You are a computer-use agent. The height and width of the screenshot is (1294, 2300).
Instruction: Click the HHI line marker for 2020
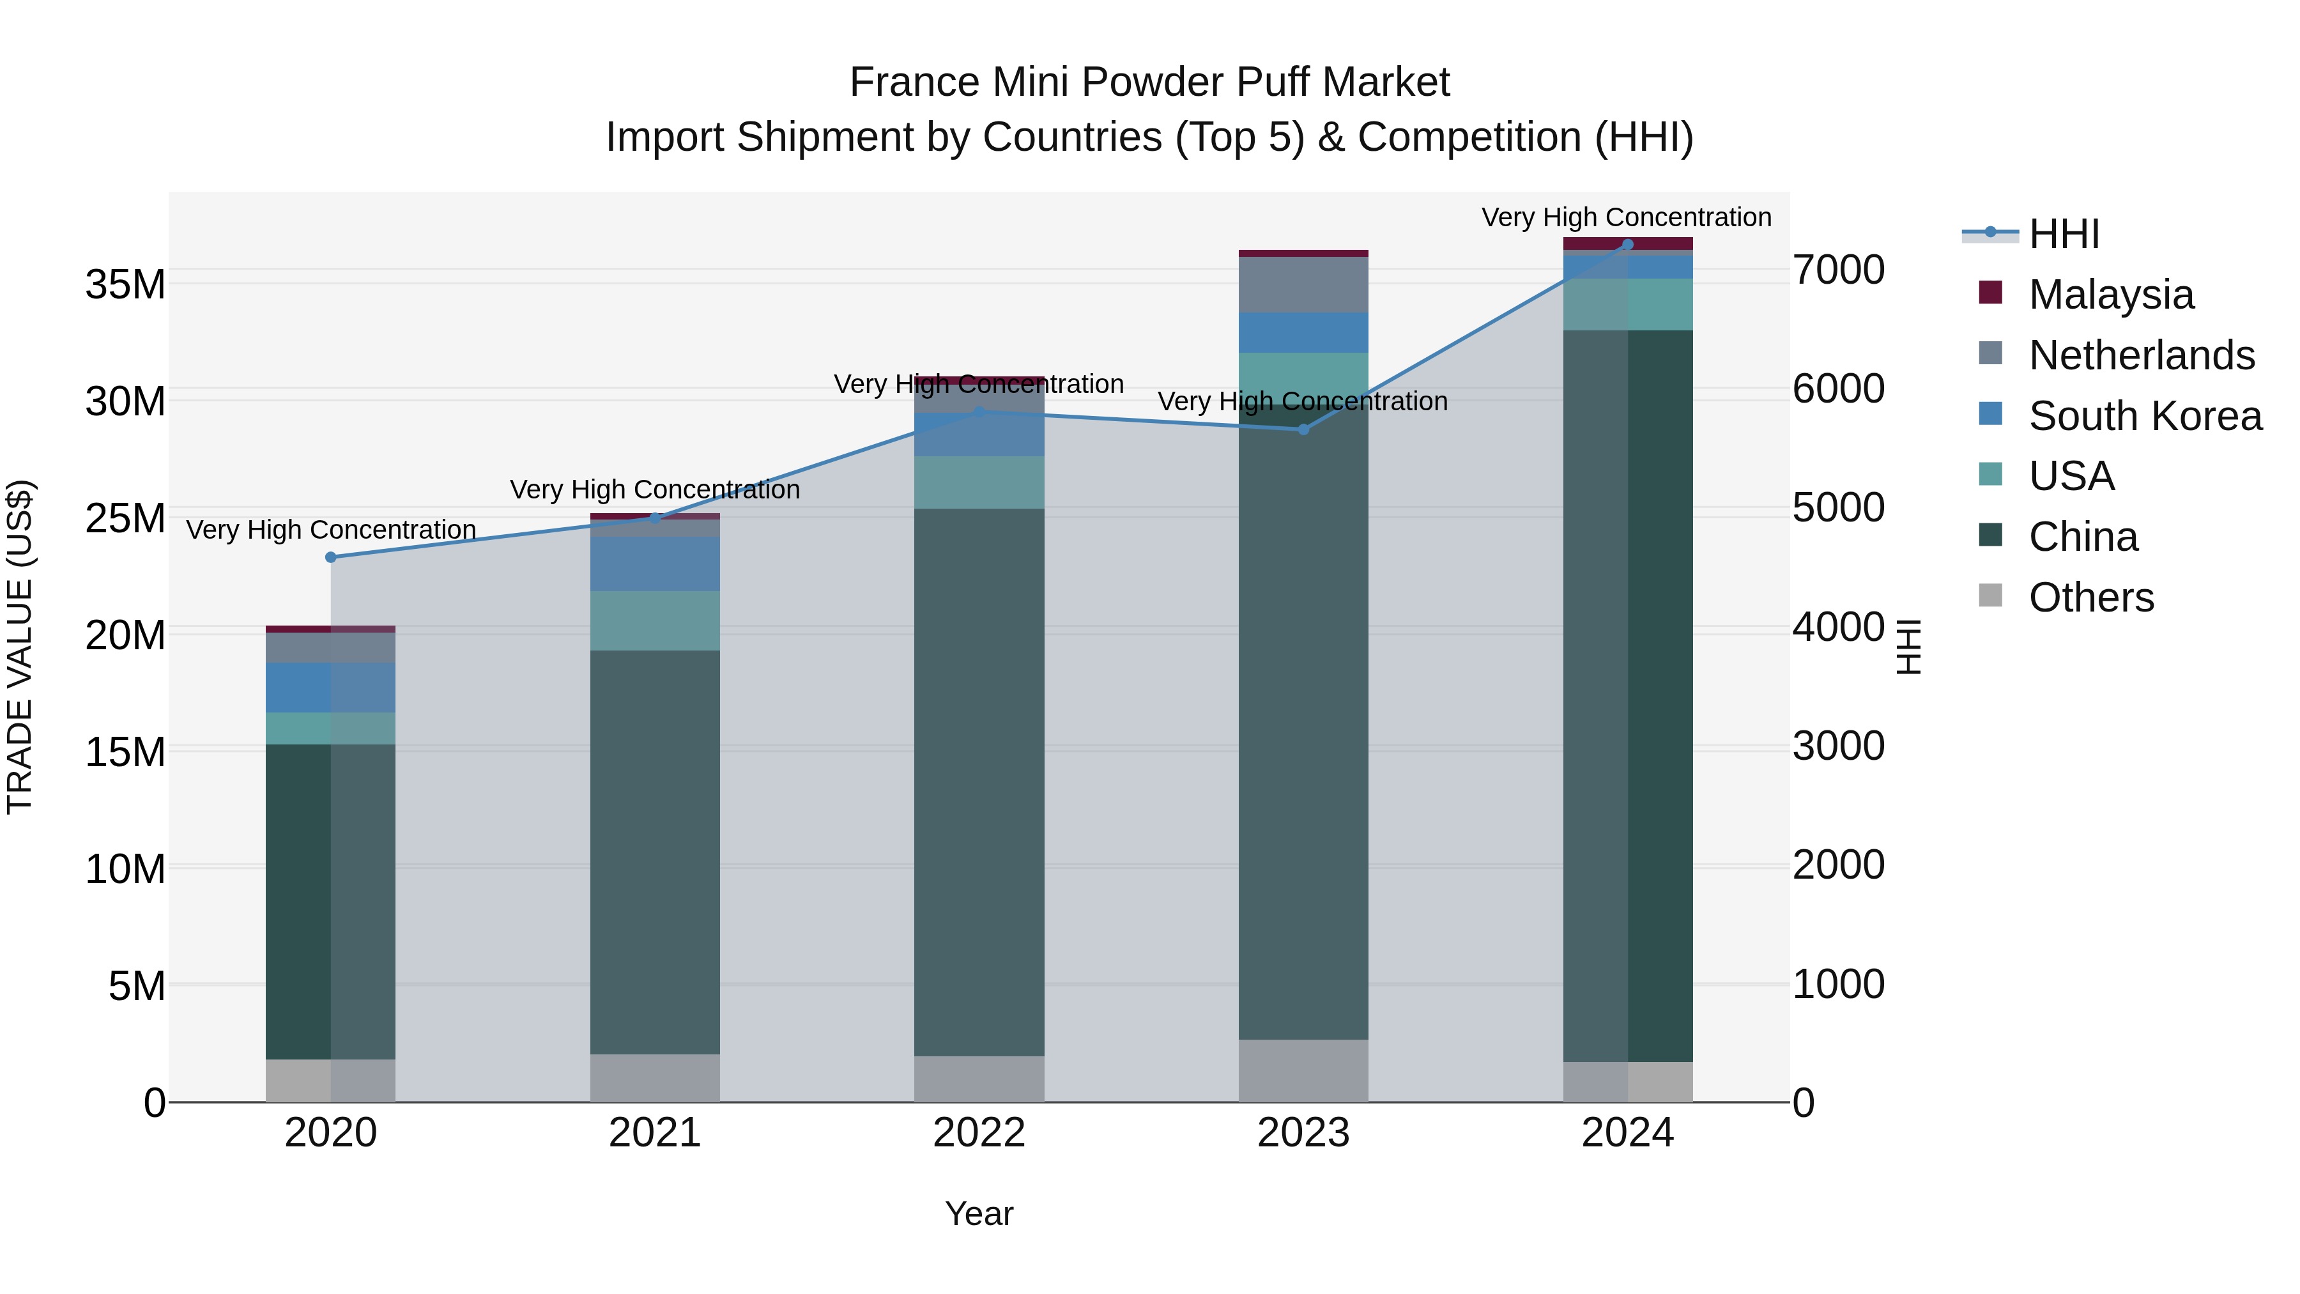pyautogui.click(x=330, y=557)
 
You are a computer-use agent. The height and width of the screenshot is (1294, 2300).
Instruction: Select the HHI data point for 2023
pyautogui.click(x=1303, y=429)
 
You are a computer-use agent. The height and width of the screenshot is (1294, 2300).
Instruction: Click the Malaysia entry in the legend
pyautogui.click(x=2111, y=294)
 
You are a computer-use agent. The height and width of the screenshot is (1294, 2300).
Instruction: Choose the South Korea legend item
pyautogui.click(x=2145, y=415)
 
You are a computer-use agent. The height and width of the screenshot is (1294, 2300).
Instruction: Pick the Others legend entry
pyautogui.click(x=2091, y=597)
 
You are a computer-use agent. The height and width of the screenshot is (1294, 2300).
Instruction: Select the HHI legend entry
pyautogui.click(x=2064, y=234)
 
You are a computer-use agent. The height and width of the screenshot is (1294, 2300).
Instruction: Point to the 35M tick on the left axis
pyautogui.click(x=125, y=285)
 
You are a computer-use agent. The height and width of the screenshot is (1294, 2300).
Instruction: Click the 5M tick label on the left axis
pyautogui.click(x=137, y=986)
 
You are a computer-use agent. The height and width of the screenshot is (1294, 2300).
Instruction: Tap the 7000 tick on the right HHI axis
pyautogui.click(x=1838, y=270)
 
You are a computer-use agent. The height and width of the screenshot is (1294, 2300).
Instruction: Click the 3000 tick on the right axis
pyautogui.click(x=1838, y=746)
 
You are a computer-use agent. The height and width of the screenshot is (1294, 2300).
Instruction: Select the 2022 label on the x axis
pyautogui.click(x=979, y=1133)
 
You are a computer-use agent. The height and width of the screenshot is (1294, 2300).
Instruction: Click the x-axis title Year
pyautogui.click(x=979, y=1213)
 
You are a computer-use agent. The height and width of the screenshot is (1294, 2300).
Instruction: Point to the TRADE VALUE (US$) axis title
pyautogui.click(x=20, y=647)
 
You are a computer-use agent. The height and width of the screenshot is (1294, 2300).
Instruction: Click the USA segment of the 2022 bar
pyautogui.click(x=979, y=482)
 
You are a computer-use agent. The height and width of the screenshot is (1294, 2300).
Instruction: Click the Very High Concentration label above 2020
pyautogui.click(x=330, y=530)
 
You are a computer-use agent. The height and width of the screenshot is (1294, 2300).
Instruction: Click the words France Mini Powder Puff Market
pyautogui.click(x=1149, y=82)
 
